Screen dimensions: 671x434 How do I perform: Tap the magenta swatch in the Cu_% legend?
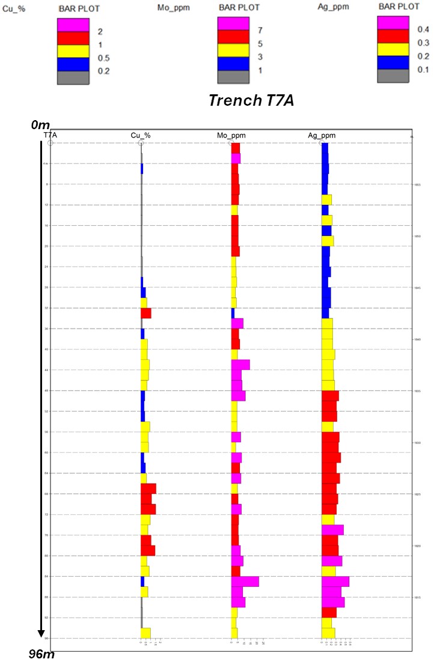(73, 25)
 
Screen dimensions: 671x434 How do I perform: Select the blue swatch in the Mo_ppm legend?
(233, 63)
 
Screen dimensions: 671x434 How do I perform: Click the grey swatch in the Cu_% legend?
(73, 78)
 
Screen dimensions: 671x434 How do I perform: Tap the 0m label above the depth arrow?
(40, 125)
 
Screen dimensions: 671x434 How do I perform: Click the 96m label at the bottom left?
(41, 654)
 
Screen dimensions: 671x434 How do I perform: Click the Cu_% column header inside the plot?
(141, 136)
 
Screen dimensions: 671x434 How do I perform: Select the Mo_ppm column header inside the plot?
(231, 136)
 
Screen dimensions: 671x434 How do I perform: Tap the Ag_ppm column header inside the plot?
(322, 136)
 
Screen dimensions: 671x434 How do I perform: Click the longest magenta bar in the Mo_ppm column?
(245, 581)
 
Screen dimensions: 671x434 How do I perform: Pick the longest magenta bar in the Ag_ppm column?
(335, 581)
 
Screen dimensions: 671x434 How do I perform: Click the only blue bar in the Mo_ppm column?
(233, 313)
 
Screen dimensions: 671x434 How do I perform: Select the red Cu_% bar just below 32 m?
(146, 313)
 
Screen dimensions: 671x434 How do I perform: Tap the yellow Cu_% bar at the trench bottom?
(145, 633)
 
